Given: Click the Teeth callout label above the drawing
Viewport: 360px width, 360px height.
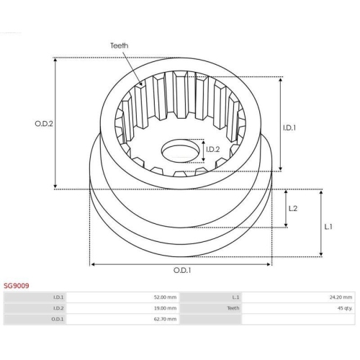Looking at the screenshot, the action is pos(119,45).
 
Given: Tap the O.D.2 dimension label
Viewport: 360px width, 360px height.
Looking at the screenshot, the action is pos(44,124).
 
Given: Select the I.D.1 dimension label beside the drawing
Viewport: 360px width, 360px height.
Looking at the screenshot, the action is pos(289,128).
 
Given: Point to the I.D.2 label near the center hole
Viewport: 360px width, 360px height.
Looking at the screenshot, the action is pos(213,150).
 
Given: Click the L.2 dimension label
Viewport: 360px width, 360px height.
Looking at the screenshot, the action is pos(293,209).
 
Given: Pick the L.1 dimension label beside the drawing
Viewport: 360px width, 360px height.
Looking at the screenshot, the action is pos(328,227).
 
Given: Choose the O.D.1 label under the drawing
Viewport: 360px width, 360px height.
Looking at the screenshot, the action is pos(182,271).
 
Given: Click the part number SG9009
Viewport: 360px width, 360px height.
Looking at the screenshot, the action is pos(17,286).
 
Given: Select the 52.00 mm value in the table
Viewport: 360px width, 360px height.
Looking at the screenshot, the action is pos(165,297).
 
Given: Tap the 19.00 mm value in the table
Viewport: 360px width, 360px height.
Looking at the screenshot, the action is pos(165,308).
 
